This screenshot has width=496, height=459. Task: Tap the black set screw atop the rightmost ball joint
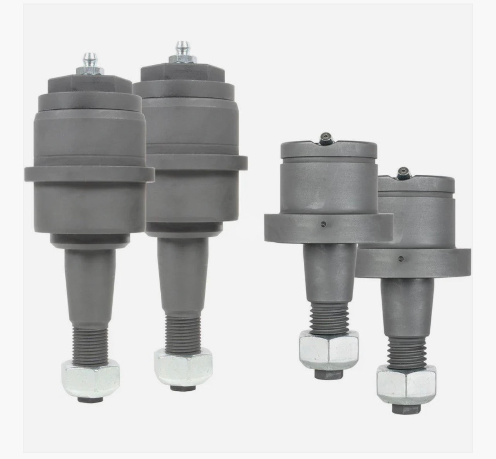coord(404,171)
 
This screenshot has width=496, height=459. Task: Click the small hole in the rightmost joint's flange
coord(401,258)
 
